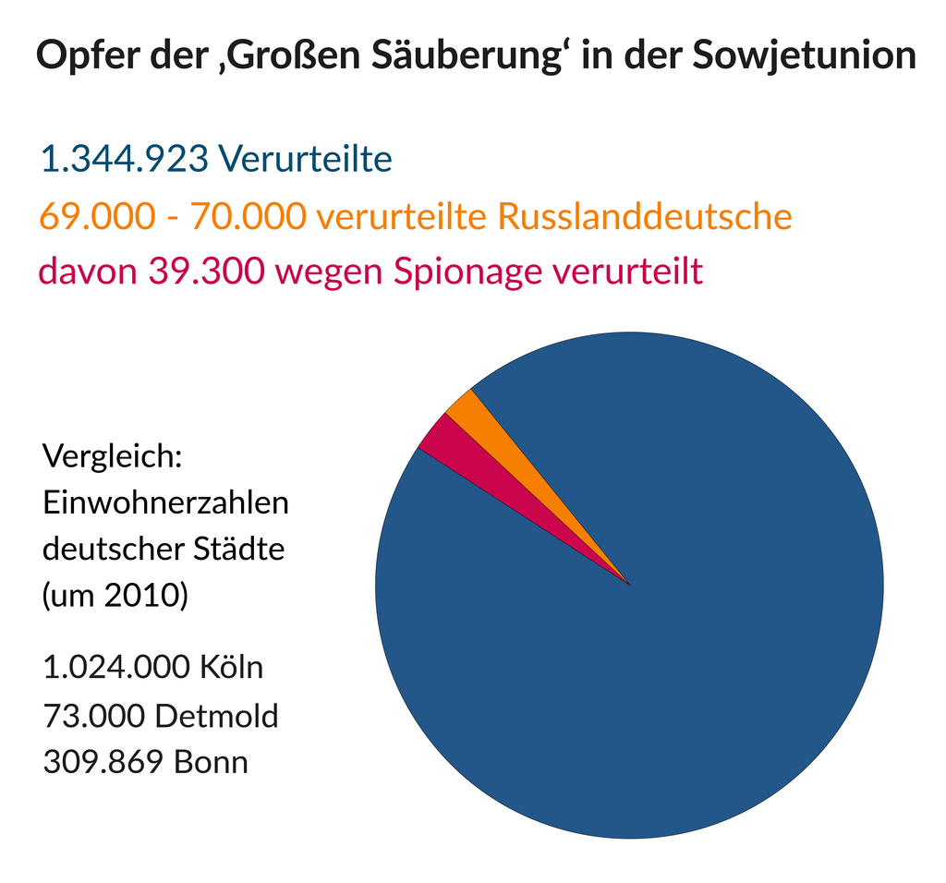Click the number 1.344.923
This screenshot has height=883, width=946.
click(124, 160)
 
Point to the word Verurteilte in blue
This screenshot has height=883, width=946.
click(305, 160)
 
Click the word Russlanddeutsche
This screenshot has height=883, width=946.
click(645, 217)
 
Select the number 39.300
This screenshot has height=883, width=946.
click(208, 272)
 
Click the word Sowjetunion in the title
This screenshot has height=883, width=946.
click(803, 56)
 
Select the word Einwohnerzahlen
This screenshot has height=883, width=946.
click(166, 503)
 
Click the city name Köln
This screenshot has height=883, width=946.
click(231, 667)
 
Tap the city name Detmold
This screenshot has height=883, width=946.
click(216, 715)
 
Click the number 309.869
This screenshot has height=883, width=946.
click(98, 763)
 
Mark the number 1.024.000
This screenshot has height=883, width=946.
click(115, 667)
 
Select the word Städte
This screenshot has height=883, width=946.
click(238, 550)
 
